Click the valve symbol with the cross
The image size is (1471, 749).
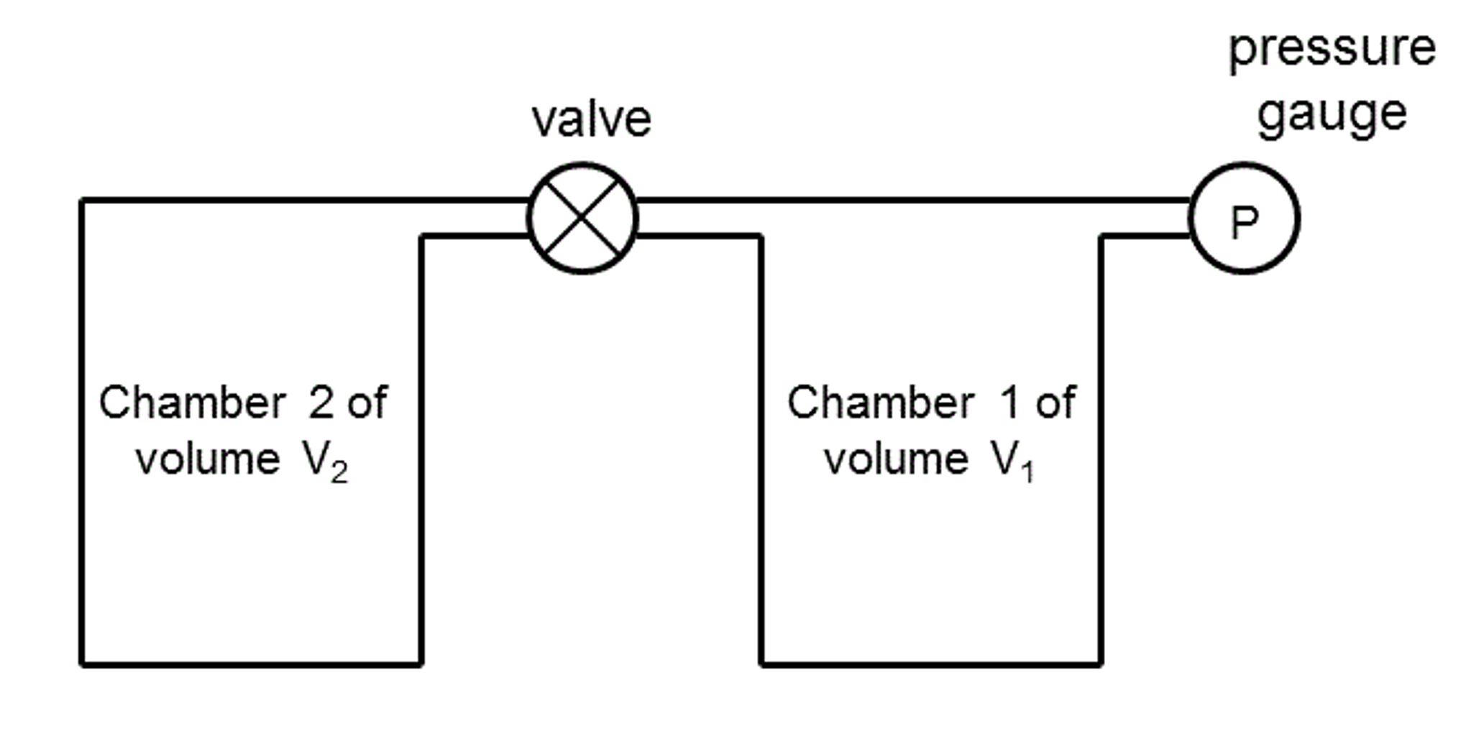tap(582, 218)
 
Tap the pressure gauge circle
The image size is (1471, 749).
tap(1245, 218)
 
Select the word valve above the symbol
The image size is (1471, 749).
tap(591, 119)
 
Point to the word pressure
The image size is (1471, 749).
tap(1332, 49)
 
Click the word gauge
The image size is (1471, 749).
tap(1332, 114)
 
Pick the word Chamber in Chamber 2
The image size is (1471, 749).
tap(193, 403)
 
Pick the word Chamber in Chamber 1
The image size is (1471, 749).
tap(881, 403)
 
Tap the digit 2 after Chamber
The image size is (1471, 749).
tap(321, 403)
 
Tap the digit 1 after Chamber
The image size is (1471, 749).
tap(1009, 403)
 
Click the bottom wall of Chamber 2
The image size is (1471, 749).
tap(251, 664)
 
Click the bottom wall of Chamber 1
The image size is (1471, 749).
tap(931, 664)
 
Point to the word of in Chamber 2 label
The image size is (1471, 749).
tap(367, 403)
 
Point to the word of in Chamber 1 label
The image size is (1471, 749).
tap(1055, 403)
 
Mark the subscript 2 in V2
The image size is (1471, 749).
tap(339, 473)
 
